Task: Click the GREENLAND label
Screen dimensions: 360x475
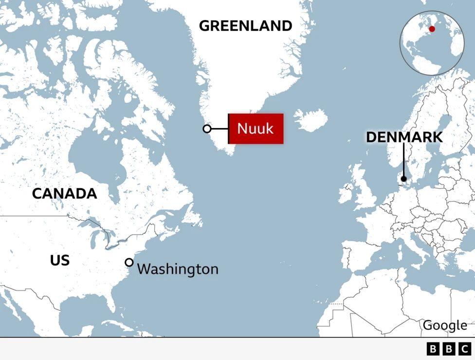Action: tap(245, 26)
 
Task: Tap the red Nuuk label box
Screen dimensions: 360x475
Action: tap(256, 129)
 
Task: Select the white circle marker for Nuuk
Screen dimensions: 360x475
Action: tap(207, 129)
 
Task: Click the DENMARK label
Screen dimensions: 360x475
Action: tap(404, 137)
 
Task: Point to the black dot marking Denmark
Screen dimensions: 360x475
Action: tap(403, 179)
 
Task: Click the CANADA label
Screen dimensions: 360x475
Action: tap(64, 193)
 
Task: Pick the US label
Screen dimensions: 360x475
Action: tap(59, 261)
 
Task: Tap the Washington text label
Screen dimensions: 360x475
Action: tap(178, 269)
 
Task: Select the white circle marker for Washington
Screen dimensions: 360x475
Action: tap(129, 263)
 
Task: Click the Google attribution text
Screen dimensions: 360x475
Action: tap(445, 325)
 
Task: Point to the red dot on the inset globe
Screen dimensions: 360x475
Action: tap(432, 29)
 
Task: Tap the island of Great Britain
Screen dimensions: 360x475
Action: tap(364, 190)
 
